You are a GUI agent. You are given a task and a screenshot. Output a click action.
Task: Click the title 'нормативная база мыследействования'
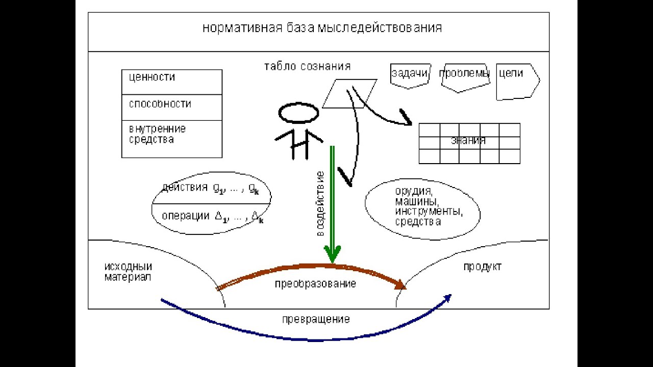pos(322,28)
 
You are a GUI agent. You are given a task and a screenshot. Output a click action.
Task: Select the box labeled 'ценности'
pos(171,82)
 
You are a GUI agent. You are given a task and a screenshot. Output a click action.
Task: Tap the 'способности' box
pos(171,107)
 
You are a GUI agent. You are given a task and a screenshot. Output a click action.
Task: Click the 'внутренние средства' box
pos(171,138)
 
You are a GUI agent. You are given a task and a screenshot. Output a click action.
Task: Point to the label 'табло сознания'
pos(307,67)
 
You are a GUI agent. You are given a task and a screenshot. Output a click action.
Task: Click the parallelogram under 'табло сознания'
pos(349,93)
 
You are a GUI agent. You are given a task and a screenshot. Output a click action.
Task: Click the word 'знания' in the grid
pos(468,141)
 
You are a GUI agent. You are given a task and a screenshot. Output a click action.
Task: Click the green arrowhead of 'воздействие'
pos(332,253)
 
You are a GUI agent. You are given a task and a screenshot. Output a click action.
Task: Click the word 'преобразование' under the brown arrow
pos(315,284)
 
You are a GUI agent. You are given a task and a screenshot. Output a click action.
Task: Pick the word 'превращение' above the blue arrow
pos(316,320)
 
